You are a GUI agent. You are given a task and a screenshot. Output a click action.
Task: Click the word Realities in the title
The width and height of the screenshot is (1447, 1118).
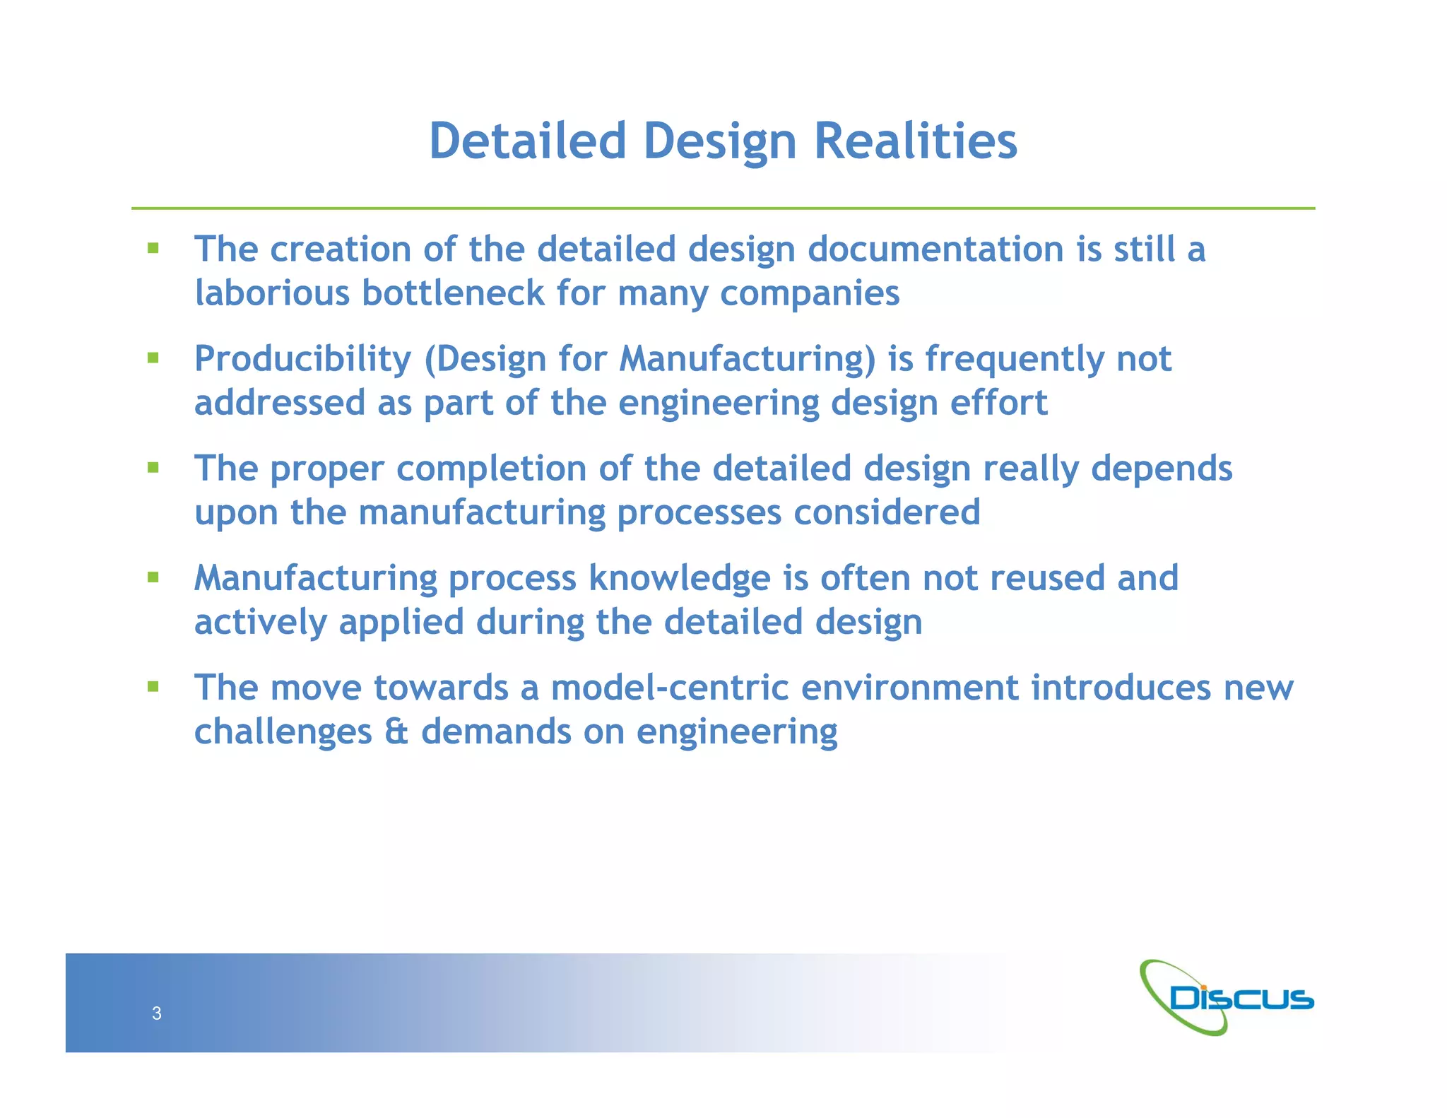pos(916,141)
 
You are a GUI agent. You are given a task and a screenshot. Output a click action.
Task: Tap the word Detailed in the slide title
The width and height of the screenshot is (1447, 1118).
pos(528,141)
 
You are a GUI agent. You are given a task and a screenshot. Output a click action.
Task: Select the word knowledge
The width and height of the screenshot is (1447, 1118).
pos(679,579)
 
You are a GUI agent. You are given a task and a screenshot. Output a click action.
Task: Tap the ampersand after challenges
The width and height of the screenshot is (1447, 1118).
pos(396,731)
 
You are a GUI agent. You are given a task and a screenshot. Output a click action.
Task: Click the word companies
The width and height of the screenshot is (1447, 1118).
pos(810,294)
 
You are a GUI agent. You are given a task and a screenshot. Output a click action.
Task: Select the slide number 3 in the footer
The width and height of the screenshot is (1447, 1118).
pos(157,1013)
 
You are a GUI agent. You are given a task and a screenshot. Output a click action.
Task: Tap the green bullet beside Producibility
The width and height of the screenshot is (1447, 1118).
pos(153,358)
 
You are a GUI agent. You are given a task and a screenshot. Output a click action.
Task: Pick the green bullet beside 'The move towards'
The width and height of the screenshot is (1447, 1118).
pos(153,686)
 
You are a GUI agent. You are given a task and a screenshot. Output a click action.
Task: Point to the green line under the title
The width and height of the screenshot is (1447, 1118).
pos(723,208)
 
